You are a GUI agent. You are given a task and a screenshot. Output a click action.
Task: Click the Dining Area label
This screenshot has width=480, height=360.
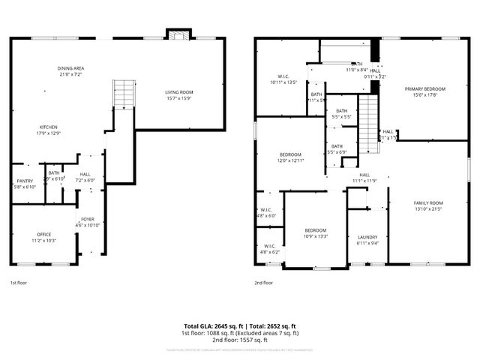point(70,68)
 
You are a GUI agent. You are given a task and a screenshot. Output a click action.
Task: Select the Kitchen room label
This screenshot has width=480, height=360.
point(49,127)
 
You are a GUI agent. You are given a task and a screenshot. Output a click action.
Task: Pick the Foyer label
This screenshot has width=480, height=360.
point(88,219)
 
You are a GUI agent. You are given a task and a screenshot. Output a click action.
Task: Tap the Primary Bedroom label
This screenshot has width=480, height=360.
point(425,88)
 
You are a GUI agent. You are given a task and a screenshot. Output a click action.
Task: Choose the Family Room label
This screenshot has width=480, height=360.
point(428,202)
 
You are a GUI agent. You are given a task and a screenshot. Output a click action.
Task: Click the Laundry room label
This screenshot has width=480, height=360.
point(367,237)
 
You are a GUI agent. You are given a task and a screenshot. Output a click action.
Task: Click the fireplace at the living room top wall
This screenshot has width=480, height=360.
point(178,36)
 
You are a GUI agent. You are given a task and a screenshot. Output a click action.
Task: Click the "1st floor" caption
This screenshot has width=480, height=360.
point(19,283)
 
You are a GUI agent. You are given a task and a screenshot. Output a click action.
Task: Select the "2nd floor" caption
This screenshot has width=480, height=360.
point(263,283)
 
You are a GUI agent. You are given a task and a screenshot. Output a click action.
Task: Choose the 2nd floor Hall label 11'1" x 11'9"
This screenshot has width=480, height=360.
point(364,178)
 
